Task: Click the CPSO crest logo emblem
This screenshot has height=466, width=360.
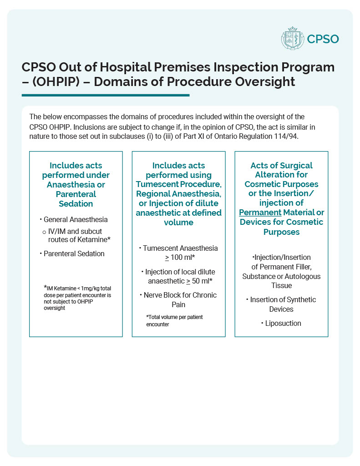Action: (292, 39)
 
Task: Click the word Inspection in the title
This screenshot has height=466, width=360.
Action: (236, 67)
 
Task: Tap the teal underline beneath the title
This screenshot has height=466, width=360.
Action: (105, 95)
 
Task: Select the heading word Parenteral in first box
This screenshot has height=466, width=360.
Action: (76, 194)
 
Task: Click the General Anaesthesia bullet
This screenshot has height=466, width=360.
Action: (76, 220)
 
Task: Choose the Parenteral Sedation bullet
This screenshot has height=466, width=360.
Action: (74, 253)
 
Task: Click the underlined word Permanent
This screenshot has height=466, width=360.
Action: (260, 213)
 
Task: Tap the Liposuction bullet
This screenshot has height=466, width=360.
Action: (283, 323)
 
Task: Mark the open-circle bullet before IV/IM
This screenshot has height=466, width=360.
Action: (44, 232)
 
